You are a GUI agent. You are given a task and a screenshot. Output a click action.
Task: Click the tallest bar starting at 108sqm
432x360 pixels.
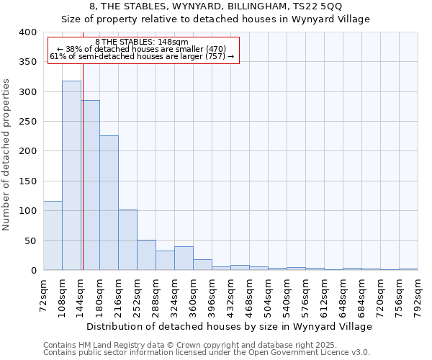pyautogui.click(x=71, y=176)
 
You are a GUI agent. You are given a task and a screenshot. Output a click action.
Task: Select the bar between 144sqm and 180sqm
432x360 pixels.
pyautogui.click(x=91, y=185)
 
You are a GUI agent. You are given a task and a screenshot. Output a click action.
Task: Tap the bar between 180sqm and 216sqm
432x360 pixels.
pyautogui.click(x=109, y=203)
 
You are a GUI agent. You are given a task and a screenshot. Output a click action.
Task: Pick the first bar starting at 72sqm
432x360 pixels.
pyautogui.click(x=53, y=235)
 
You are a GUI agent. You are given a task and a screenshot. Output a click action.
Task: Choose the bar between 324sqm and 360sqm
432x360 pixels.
pyautogui.click(x=184, y=258)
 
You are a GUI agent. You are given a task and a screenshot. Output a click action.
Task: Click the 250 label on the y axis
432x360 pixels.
pyautogui.click(x=27, y=122)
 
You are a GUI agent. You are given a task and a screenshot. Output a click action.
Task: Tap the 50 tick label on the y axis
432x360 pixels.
pyautogui.click(x=30, y=240)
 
